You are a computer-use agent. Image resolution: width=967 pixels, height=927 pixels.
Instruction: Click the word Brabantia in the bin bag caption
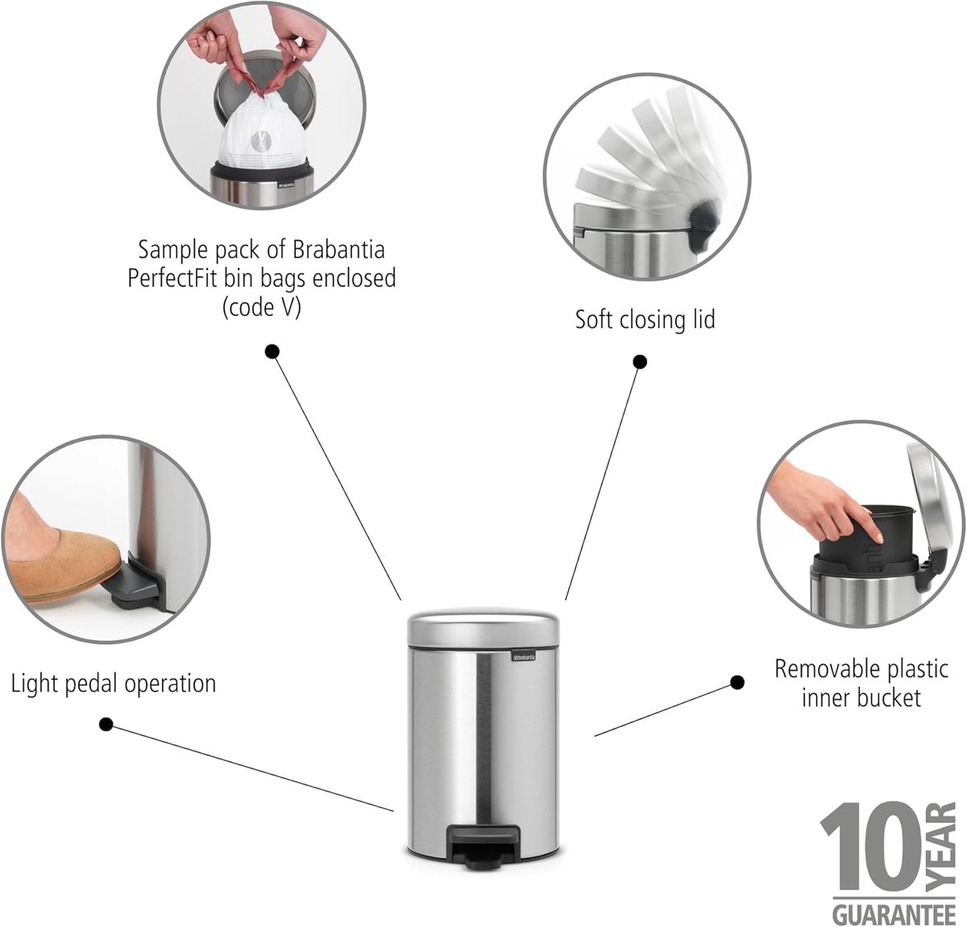coord(338,250)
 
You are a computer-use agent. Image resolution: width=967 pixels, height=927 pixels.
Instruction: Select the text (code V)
coord(261,308)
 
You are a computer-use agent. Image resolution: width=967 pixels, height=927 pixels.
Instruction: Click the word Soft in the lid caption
coord(595,319)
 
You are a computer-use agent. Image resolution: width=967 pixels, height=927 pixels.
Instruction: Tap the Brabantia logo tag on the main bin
coord(524,658)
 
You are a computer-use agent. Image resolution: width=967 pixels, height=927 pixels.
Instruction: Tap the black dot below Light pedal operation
coord(106,724)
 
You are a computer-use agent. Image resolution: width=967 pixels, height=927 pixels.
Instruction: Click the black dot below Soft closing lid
coord(641,362)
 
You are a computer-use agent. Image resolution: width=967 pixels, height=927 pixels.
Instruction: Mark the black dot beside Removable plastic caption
coord(737,683)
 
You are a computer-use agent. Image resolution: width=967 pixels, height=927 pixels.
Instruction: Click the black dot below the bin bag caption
coord(272,352)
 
